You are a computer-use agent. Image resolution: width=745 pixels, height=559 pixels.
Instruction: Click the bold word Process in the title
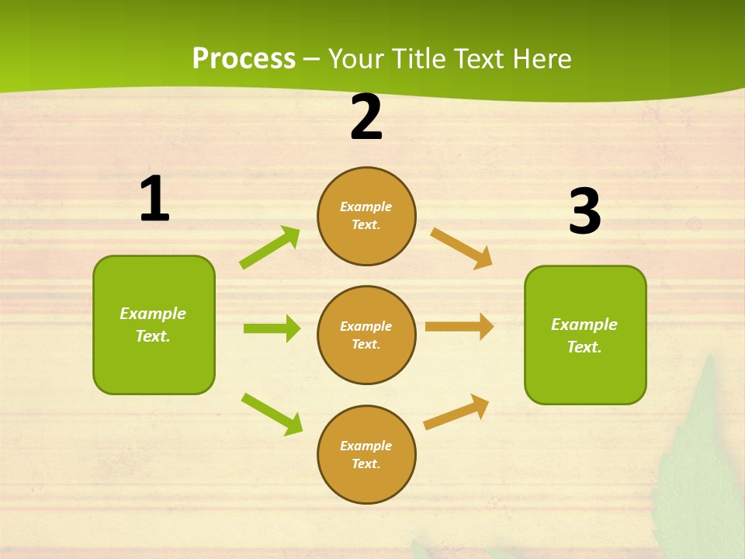point(244,59)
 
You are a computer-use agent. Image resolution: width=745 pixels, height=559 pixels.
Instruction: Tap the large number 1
point(154,200)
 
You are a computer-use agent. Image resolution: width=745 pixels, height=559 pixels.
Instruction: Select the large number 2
point(366,118)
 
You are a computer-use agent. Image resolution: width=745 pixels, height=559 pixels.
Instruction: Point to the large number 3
point(584,212)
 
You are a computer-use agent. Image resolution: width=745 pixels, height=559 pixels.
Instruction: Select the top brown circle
point(366,216)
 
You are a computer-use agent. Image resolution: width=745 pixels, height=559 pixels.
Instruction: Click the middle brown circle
point(366,335)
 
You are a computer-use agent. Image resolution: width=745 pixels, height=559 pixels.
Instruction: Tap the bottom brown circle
point(366,454)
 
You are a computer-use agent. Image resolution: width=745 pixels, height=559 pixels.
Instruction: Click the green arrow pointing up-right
point(270,247)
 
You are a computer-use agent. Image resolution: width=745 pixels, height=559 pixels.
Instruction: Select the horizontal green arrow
point(272,328)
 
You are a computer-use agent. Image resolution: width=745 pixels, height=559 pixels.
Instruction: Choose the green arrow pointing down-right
point(272,413)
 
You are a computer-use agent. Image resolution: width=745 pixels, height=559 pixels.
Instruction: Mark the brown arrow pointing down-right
point(462,248)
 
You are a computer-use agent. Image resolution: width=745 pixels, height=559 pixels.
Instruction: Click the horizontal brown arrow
point(459,326)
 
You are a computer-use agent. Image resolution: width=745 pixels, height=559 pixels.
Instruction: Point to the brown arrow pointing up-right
point(456,411)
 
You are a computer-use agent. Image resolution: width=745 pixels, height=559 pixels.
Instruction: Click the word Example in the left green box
point(153,314)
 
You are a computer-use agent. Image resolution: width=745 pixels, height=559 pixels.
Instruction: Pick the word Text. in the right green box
point(584,347)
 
